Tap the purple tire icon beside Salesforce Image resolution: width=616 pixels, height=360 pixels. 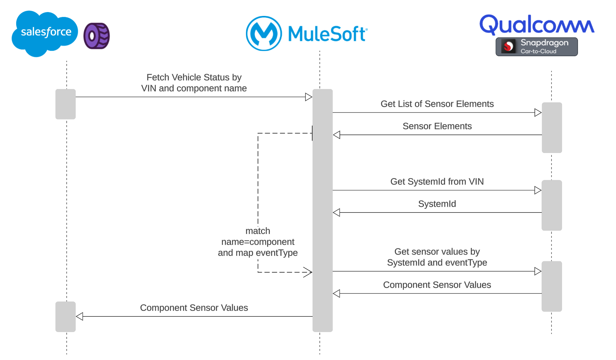pyautogui.click(x=96, y=36)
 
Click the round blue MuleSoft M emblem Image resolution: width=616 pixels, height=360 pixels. pyautogui.click(x=263, y=33)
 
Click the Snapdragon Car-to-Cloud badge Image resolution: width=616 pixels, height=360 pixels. pyautogui.click(x=536, y=47)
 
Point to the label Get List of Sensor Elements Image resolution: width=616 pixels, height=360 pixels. pyautogui.click(x=437, y=104)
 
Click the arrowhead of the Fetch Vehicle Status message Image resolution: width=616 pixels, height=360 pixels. pyautogui.click(x=309, y=97)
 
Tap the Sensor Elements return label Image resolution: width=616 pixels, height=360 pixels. pyautogui.click(x=437, y=126)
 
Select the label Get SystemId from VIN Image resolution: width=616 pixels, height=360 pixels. pyautogui.click(x=437, y=182)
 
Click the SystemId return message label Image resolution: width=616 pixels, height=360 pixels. pyautogui.click(x=437, y=204)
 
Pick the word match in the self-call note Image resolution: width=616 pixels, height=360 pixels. pyautogui.click(x=258, y=231)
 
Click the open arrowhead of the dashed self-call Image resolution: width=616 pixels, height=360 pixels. pyautogui.click(x=308, y=272)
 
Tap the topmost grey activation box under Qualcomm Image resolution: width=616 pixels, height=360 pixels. pyautogui.click(x=552, y=128)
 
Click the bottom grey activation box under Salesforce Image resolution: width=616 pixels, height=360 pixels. pyautogui.click(x=66, y=316)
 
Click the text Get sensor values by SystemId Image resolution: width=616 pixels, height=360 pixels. pyautogui.click(x=437, y=257)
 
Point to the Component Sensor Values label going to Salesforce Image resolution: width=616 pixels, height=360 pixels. pyautogui.click(x=194, y=308)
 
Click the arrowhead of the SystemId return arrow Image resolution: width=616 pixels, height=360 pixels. pyautogui.click(x=337, y=212)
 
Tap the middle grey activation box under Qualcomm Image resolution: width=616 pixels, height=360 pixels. pyautogui.click(x=552, y=205)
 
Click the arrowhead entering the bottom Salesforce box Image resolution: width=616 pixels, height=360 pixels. pyautogui.click(x=80, y=316)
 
